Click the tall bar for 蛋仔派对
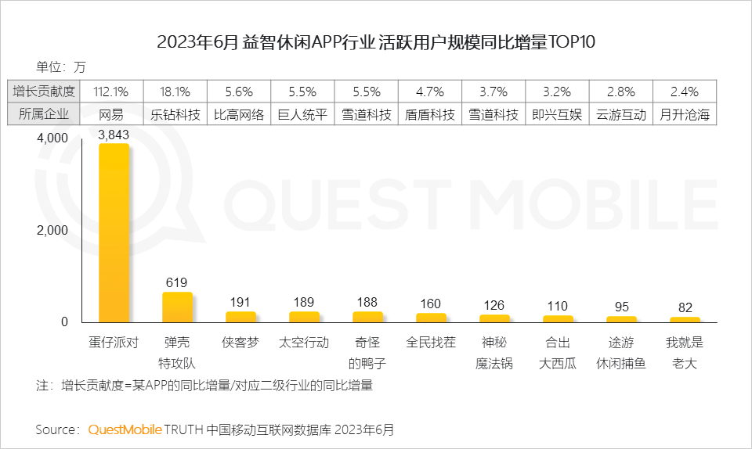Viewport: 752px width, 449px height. click(114, 233)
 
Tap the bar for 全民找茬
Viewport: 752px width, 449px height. click(431, 318)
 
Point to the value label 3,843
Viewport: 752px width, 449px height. click(114, 135)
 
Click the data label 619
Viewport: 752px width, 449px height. click(177, 282)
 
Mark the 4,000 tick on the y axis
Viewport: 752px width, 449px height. click(52, 138)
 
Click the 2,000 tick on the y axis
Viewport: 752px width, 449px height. click(52, 231)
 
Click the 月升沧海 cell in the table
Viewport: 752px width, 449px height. click(685, 114)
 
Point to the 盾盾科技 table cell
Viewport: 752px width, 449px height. click(430, 114)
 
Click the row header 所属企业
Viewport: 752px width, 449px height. click(44, 114)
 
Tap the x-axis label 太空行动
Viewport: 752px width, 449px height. click(304, 343)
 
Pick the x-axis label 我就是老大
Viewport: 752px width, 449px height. click(685, 353)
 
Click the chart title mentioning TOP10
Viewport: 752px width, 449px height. click(376, 42)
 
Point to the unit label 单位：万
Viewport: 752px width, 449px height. click(61, 66)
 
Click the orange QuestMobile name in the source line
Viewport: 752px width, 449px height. click(125, 429)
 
